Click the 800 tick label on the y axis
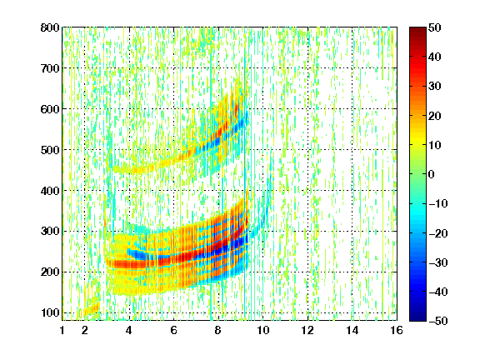[x=50, y=27]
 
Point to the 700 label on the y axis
[x=50, y=68]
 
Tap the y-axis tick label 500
[x=50, y=150]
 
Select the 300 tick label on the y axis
[x=50, y=232]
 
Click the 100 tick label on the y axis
[x=50, y=312]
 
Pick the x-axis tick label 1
[x=62, y=330]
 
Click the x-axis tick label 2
[x=85, y=330]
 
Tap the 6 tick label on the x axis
[x=174, y=330]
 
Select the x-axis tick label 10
[x=263, y=330]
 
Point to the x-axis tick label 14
[x=352, y=330]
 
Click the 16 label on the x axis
[x=397, y=330]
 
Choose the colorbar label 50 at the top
[x=435, y=27]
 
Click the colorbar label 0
[x=432, y=174]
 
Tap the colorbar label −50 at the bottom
[x=438, y=321]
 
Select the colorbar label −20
[x=438, y=233]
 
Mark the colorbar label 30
[x=435, y=87]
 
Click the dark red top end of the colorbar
[x=417, y=29]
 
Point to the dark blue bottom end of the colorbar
[x=417, y=318]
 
